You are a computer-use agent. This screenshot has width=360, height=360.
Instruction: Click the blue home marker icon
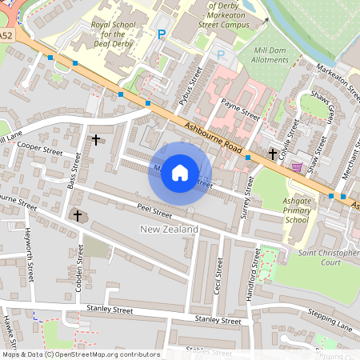pos(180,173)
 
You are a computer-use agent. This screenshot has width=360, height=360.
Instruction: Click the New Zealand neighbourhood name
pos(169,230)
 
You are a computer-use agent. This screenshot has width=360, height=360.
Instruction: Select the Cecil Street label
pos(218,275)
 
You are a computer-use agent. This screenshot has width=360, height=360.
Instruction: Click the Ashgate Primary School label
pos(296,210)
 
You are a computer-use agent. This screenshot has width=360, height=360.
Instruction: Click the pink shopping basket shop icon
pos(298,166)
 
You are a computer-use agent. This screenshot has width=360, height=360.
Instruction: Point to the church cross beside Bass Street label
pos(96,140)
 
